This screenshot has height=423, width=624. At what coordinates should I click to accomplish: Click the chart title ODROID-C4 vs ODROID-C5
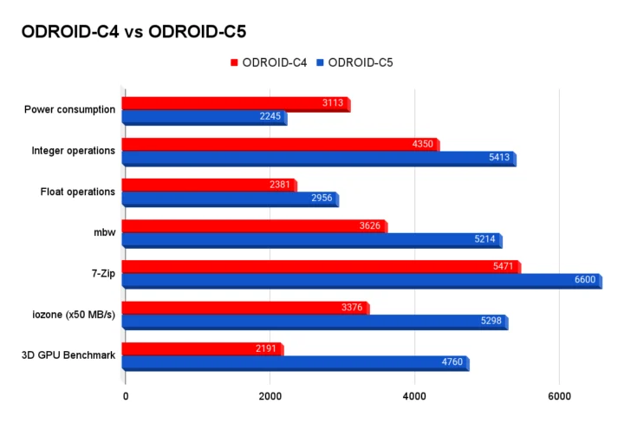click(133, 32)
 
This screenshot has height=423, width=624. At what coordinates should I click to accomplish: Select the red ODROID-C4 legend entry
click(268, 62)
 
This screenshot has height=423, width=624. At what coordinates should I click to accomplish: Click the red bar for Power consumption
click(234, 104)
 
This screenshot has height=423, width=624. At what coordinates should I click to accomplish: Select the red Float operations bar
click(208, 185)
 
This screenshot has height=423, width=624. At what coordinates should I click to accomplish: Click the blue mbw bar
click(311, 239)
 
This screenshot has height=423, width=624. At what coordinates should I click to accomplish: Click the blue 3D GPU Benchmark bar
click(295, 362)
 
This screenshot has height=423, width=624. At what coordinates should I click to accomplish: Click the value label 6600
click(585, 280)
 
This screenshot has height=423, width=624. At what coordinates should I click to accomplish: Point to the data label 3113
click(333, 104)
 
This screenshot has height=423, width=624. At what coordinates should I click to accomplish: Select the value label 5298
click(491, 322)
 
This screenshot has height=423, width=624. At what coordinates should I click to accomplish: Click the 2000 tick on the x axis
click(270, 397)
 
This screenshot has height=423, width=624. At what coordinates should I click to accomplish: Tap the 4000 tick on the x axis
click(415, 397)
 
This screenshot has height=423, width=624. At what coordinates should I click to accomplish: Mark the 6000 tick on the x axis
click(560, 397)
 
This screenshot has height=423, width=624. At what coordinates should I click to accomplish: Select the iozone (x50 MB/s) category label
click(73, 314)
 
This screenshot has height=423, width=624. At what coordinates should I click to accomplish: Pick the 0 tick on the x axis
click(126, 397)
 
